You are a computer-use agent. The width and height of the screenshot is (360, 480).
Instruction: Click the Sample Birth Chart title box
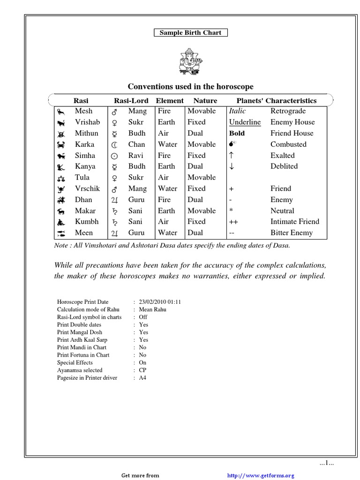pos(191,32)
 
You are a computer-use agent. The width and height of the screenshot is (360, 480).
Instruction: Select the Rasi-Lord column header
pos(131,100)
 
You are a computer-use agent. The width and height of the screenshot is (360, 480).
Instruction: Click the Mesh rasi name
pos(83,111)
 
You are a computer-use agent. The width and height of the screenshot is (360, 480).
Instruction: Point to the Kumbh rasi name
pos(87,221)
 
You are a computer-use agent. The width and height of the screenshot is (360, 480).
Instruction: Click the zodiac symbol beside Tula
pos(61,178)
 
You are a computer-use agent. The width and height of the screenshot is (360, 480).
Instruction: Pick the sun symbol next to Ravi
pos(114,156)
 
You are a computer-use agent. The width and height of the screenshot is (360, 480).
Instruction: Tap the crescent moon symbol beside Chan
pos(114,145)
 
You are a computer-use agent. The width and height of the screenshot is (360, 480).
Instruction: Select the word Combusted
pos(288,144)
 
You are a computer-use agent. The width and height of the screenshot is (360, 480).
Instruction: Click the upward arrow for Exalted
pos(231,155)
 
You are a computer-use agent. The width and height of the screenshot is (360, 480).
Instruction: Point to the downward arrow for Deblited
pos(231,166)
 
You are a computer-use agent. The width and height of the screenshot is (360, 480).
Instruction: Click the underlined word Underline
pos(245,122)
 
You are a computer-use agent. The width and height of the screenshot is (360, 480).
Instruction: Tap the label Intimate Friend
pos(294,221)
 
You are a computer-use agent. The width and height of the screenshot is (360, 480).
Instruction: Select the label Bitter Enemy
pos(291,232)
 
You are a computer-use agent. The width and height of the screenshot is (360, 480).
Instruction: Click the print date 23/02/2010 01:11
pos(160,302)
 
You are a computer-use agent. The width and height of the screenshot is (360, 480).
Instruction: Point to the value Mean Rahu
pos(152,309)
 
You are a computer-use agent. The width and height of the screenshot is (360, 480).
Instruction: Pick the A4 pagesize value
pos(142,377)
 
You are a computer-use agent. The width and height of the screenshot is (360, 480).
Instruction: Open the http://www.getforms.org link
pos(260,475)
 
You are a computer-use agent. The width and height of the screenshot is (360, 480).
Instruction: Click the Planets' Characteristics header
pos(276,100)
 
